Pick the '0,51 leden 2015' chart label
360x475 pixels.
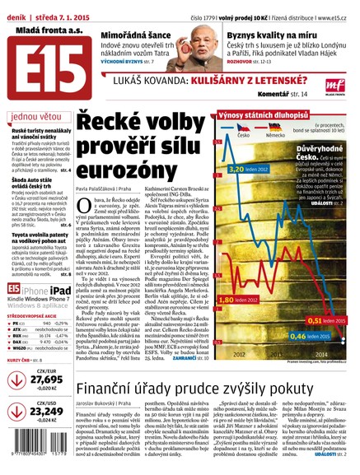(x=320, y=319)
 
